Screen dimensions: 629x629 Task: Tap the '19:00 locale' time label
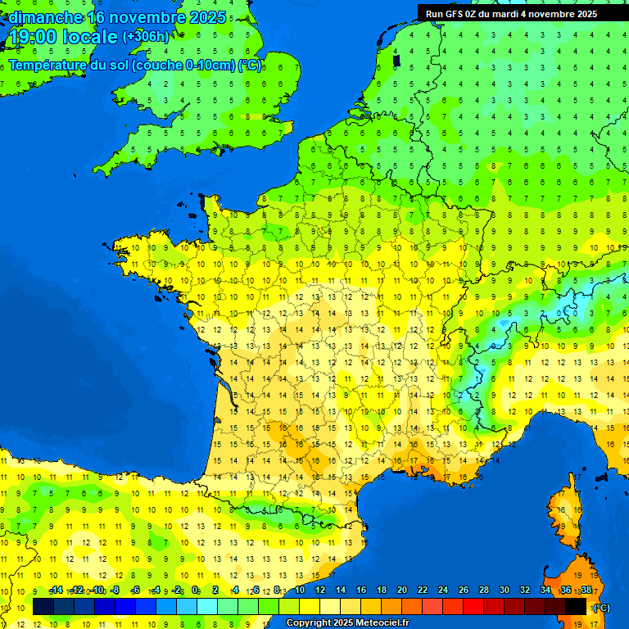(62, 38)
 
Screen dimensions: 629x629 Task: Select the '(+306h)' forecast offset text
(146, 37)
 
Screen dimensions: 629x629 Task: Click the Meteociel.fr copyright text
(347, 623)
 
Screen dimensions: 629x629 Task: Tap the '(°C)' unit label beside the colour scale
(600, 607)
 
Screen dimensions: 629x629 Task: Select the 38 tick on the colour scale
(586, 591)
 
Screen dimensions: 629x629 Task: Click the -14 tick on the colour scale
(56, 591)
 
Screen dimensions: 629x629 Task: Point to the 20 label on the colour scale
(402, 591)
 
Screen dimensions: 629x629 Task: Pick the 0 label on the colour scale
(195, 591)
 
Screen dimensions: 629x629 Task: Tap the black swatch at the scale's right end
(576, 607)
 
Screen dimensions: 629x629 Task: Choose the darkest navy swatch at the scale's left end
(43, 607)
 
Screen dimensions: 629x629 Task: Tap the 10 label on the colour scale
(299, 591)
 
